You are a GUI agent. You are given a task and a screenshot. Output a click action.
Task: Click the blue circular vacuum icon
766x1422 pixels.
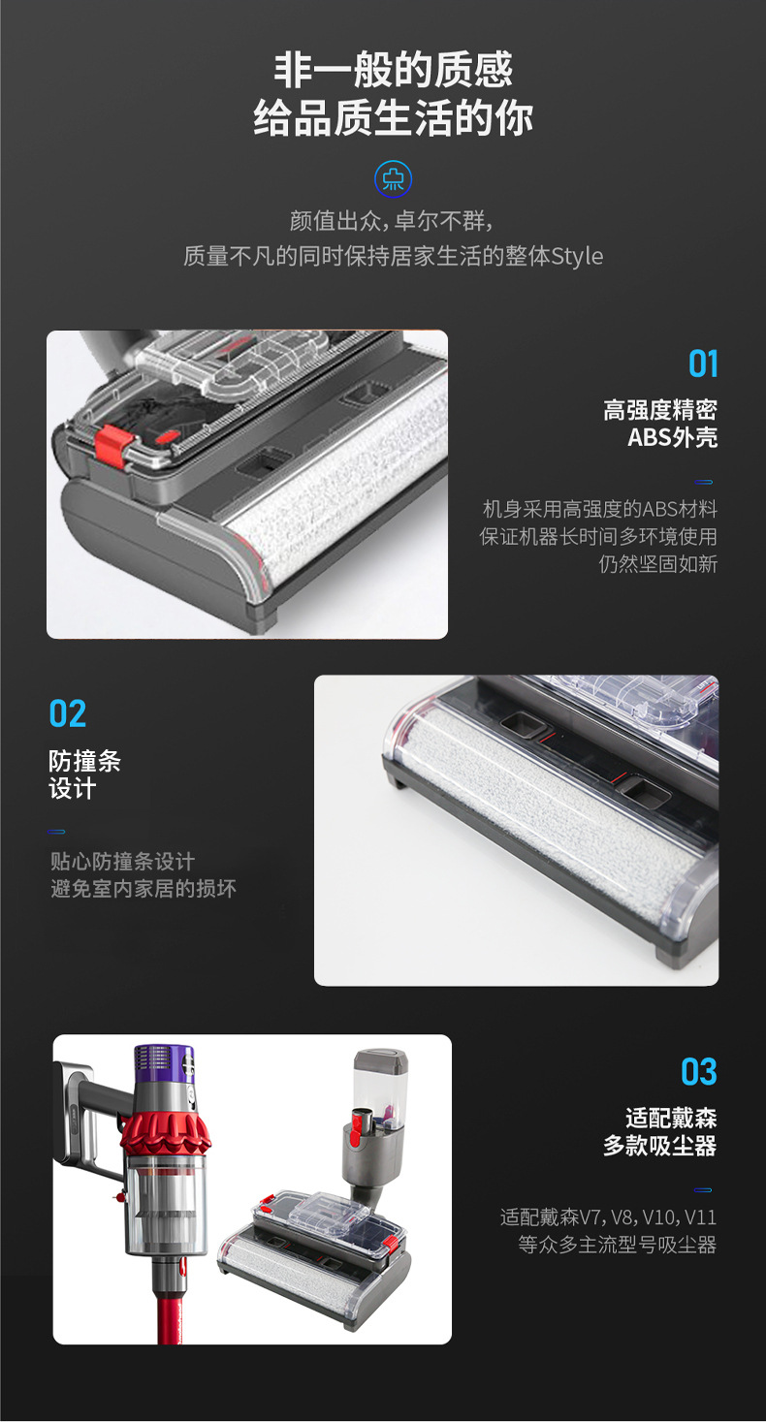point(393,179)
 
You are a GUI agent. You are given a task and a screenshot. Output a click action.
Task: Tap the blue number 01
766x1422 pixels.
point(703,363)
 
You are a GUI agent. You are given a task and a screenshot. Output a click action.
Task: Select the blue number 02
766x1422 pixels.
point(67,713)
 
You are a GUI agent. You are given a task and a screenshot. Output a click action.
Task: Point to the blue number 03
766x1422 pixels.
point(699,1071)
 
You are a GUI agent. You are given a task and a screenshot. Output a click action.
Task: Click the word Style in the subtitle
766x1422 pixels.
point(577,256)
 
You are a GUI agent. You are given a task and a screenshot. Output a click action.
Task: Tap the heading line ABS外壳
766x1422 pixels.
point(673,437)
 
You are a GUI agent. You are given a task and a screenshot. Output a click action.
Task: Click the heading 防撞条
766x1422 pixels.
point(84,761)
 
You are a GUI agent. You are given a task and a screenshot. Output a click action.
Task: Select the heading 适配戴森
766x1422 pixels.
point(671,1118)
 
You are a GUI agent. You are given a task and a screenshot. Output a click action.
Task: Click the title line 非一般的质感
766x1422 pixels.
point(393,70)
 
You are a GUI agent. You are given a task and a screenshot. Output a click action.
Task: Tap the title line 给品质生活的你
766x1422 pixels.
point(393,118)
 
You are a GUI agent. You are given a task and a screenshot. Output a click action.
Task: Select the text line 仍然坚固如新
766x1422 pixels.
point(658,564)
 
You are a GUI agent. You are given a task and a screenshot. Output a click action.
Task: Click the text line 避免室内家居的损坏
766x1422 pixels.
point(144,888)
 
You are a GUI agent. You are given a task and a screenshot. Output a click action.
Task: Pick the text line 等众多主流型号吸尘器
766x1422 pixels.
point(618,1245)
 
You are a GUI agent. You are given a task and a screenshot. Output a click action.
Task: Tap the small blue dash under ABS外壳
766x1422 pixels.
point(703,483)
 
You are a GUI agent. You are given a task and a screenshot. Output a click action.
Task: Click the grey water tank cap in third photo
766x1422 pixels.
point(380,1061)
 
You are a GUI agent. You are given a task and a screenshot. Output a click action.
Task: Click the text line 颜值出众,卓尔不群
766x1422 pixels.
point(392,221)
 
